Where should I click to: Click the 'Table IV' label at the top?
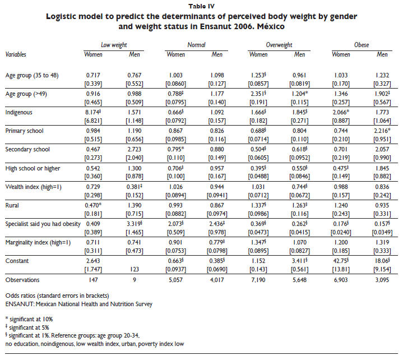click(201, 6)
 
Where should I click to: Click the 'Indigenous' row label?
click(20, 112)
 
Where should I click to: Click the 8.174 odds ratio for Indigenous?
click(94, 112)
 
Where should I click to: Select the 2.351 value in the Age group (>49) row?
click(259, 93)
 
